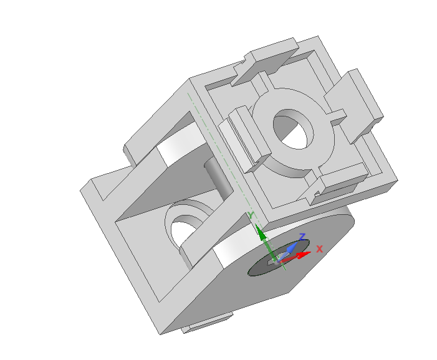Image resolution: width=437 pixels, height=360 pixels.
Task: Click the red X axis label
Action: (319, 249)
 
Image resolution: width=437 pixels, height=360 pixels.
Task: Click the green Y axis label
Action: (251, 216)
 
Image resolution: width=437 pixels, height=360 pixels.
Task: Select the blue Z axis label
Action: (302, 237)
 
